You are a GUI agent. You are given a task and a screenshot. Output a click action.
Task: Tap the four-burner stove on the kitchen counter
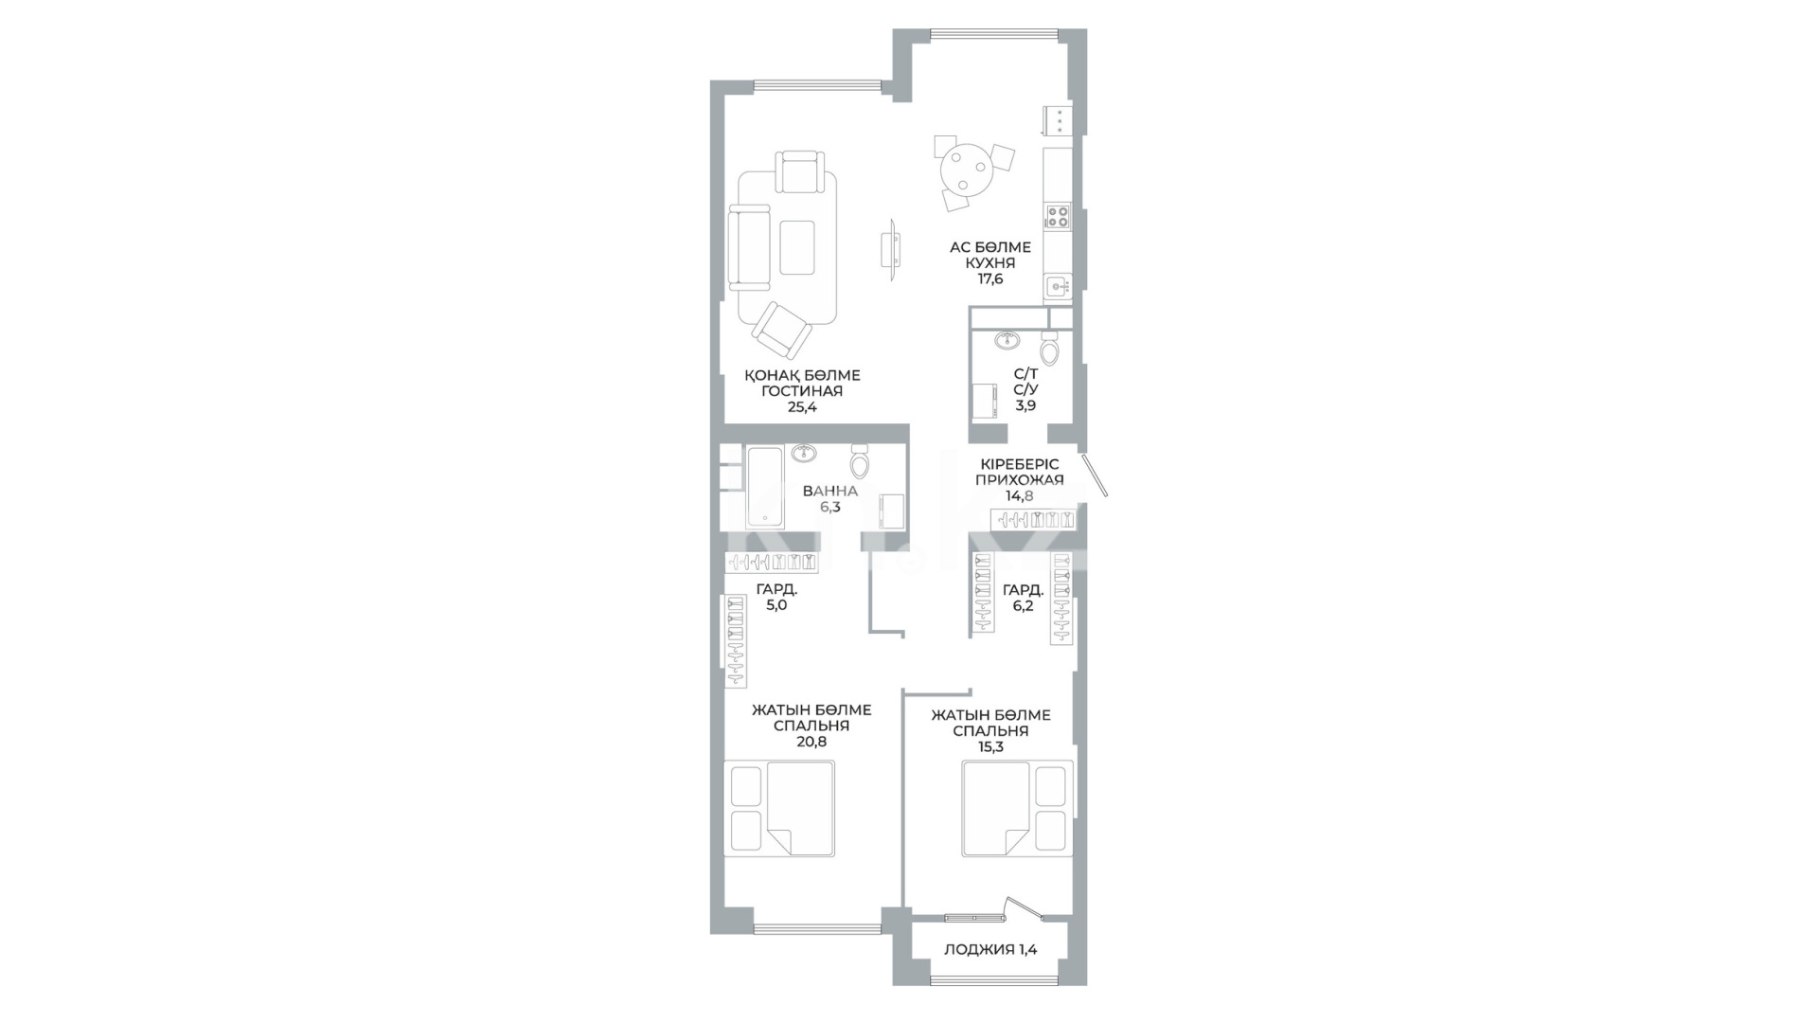(1057, 216)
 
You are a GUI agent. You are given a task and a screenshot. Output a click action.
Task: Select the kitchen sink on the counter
(1057, 285)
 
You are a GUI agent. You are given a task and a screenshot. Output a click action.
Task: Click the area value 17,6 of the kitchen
(990, 278)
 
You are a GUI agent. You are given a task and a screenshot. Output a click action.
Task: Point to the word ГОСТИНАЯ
(802, 391)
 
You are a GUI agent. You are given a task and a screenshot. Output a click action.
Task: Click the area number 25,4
(802, 407)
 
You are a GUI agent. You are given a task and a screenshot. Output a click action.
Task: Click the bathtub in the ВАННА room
(765, 487)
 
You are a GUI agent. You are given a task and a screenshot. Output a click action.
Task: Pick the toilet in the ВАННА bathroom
(860, 461)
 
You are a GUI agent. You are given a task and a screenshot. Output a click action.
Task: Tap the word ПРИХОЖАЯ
(1020, 479)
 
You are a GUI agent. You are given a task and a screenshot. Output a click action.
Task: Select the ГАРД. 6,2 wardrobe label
(1023, 598)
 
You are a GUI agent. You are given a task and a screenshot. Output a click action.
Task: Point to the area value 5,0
(776, 605)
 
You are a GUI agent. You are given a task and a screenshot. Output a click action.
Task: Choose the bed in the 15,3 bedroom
(1018, 808)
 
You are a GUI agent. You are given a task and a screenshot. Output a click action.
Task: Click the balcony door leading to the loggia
(1023, 908)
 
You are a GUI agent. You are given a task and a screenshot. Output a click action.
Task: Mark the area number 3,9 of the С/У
(1025, 405)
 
